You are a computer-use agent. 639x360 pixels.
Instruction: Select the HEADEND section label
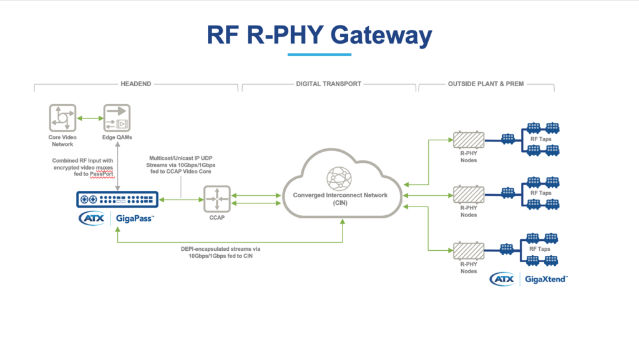click(x=135, y=84)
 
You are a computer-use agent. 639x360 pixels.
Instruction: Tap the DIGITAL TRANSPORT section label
click(x=328, y=84)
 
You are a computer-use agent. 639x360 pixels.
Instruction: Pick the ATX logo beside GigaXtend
click(x=502, y=279)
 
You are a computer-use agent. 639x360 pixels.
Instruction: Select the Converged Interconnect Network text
click(x=340, y=195)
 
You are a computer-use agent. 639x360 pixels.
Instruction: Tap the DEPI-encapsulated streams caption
click(x=230, y=251)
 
